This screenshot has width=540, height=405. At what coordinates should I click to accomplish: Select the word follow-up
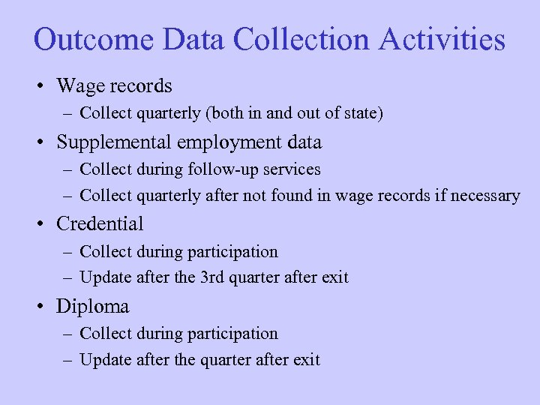[236, 169]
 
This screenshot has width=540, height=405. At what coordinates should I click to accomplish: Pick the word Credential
[100, 223]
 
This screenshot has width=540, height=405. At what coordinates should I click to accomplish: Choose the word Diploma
[92, 306]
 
